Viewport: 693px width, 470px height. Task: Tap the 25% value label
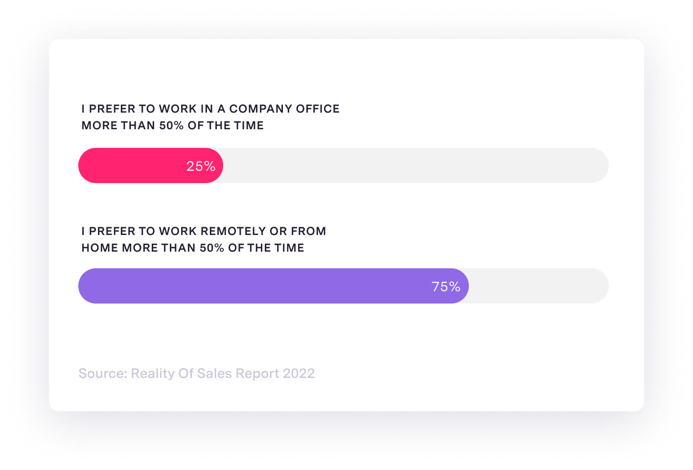(x=201, y=166)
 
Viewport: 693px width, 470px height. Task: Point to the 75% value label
(x=446, y=286)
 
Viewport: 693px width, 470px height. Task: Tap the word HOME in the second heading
(x=100, y=248)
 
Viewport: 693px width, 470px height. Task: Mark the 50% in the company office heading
(x=171, y=125)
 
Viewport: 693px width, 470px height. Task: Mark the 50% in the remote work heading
(x=212, y=248)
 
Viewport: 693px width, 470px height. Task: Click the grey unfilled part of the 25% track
(x=416, y=165)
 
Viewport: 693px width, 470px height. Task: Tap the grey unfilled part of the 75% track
(x=538, y=286)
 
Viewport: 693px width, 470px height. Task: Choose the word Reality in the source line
(x=152, y=374)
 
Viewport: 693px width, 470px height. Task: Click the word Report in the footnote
(x=257, y=374)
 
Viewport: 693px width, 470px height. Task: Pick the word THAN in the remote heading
(x=179, y=248)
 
